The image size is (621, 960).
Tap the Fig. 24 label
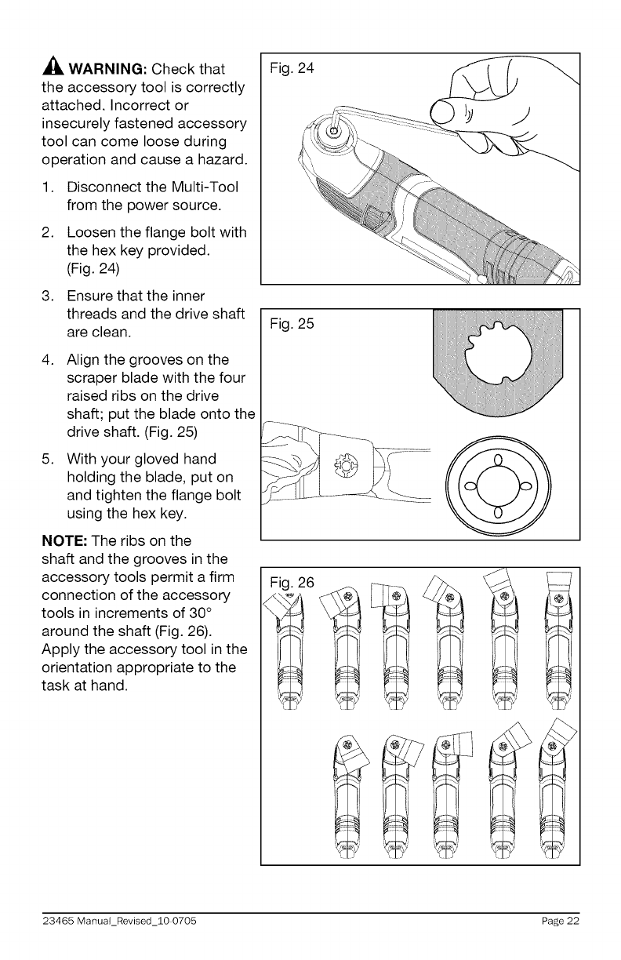tap(291, 69)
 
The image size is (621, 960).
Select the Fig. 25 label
tap(291, 324)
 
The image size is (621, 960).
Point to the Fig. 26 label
tap(291, 582)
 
